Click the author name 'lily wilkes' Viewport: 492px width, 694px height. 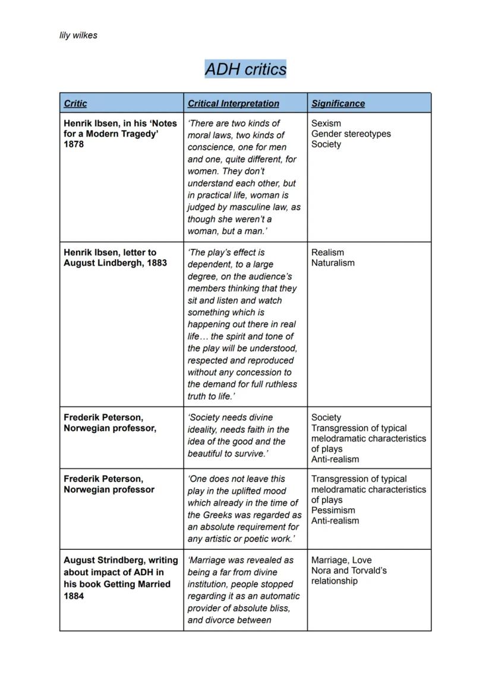[x=78, y=36]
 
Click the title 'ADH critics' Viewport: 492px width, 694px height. [x=245, y=69]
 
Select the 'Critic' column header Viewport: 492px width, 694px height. [x=75, y=103]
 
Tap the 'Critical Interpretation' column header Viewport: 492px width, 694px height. [x=233, y=103]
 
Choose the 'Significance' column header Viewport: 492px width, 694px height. [x=338, y=103]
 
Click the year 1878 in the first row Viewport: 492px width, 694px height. [x=74, y=144]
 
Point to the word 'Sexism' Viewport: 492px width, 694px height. [x=326, y=123]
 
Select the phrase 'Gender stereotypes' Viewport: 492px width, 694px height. [x=351, y=134]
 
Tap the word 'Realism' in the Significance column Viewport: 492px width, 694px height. [x=327, y=252]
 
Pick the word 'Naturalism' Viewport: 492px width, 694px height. [x=333, y=263]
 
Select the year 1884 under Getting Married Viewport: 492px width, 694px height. [x=74, y=596]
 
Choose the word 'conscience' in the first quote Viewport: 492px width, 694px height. [x=210, y=147]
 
